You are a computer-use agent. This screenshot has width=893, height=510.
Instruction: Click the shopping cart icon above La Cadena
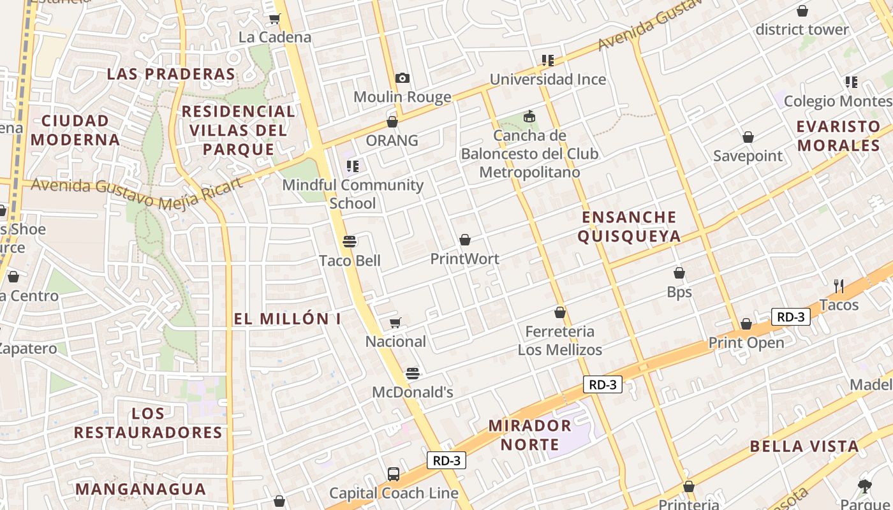click(275, 18)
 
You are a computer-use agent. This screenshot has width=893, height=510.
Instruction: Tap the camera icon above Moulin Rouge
click(402, 78)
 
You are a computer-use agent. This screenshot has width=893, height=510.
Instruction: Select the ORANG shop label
click(392, 140)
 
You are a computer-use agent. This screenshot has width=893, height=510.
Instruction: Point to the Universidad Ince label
click(547, 80)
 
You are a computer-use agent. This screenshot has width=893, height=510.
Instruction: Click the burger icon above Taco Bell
click(349, 242)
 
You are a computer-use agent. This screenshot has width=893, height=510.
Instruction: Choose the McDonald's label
click(413, 392)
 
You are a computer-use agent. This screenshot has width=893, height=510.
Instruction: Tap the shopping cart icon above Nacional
click(395, 323)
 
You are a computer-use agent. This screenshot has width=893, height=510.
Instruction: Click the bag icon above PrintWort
click(465, 240)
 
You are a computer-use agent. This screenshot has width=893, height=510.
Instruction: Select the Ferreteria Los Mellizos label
click(559, 340)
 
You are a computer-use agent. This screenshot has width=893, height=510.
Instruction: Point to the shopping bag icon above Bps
click(679, 273)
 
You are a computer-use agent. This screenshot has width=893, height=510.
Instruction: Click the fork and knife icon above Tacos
click(839, 286)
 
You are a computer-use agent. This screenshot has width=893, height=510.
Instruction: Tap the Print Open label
click(746, 343)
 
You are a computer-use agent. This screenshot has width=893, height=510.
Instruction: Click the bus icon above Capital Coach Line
click(394, 474)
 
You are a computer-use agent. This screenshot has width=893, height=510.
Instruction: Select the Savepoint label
click(748, 156)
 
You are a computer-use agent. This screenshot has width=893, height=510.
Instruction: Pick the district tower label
click(802, 29)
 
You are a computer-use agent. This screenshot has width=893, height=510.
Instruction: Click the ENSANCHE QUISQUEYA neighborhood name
click(629, 227)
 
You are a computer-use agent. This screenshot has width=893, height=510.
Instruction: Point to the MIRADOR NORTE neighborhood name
click(529, 435)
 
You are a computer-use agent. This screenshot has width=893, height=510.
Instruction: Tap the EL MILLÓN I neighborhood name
click(287, 319)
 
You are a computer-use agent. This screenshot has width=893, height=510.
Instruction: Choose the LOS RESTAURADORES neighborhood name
click(148, 423)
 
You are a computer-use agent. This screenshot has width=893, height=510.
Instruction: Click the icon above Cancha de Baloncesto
click(529, 117)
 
